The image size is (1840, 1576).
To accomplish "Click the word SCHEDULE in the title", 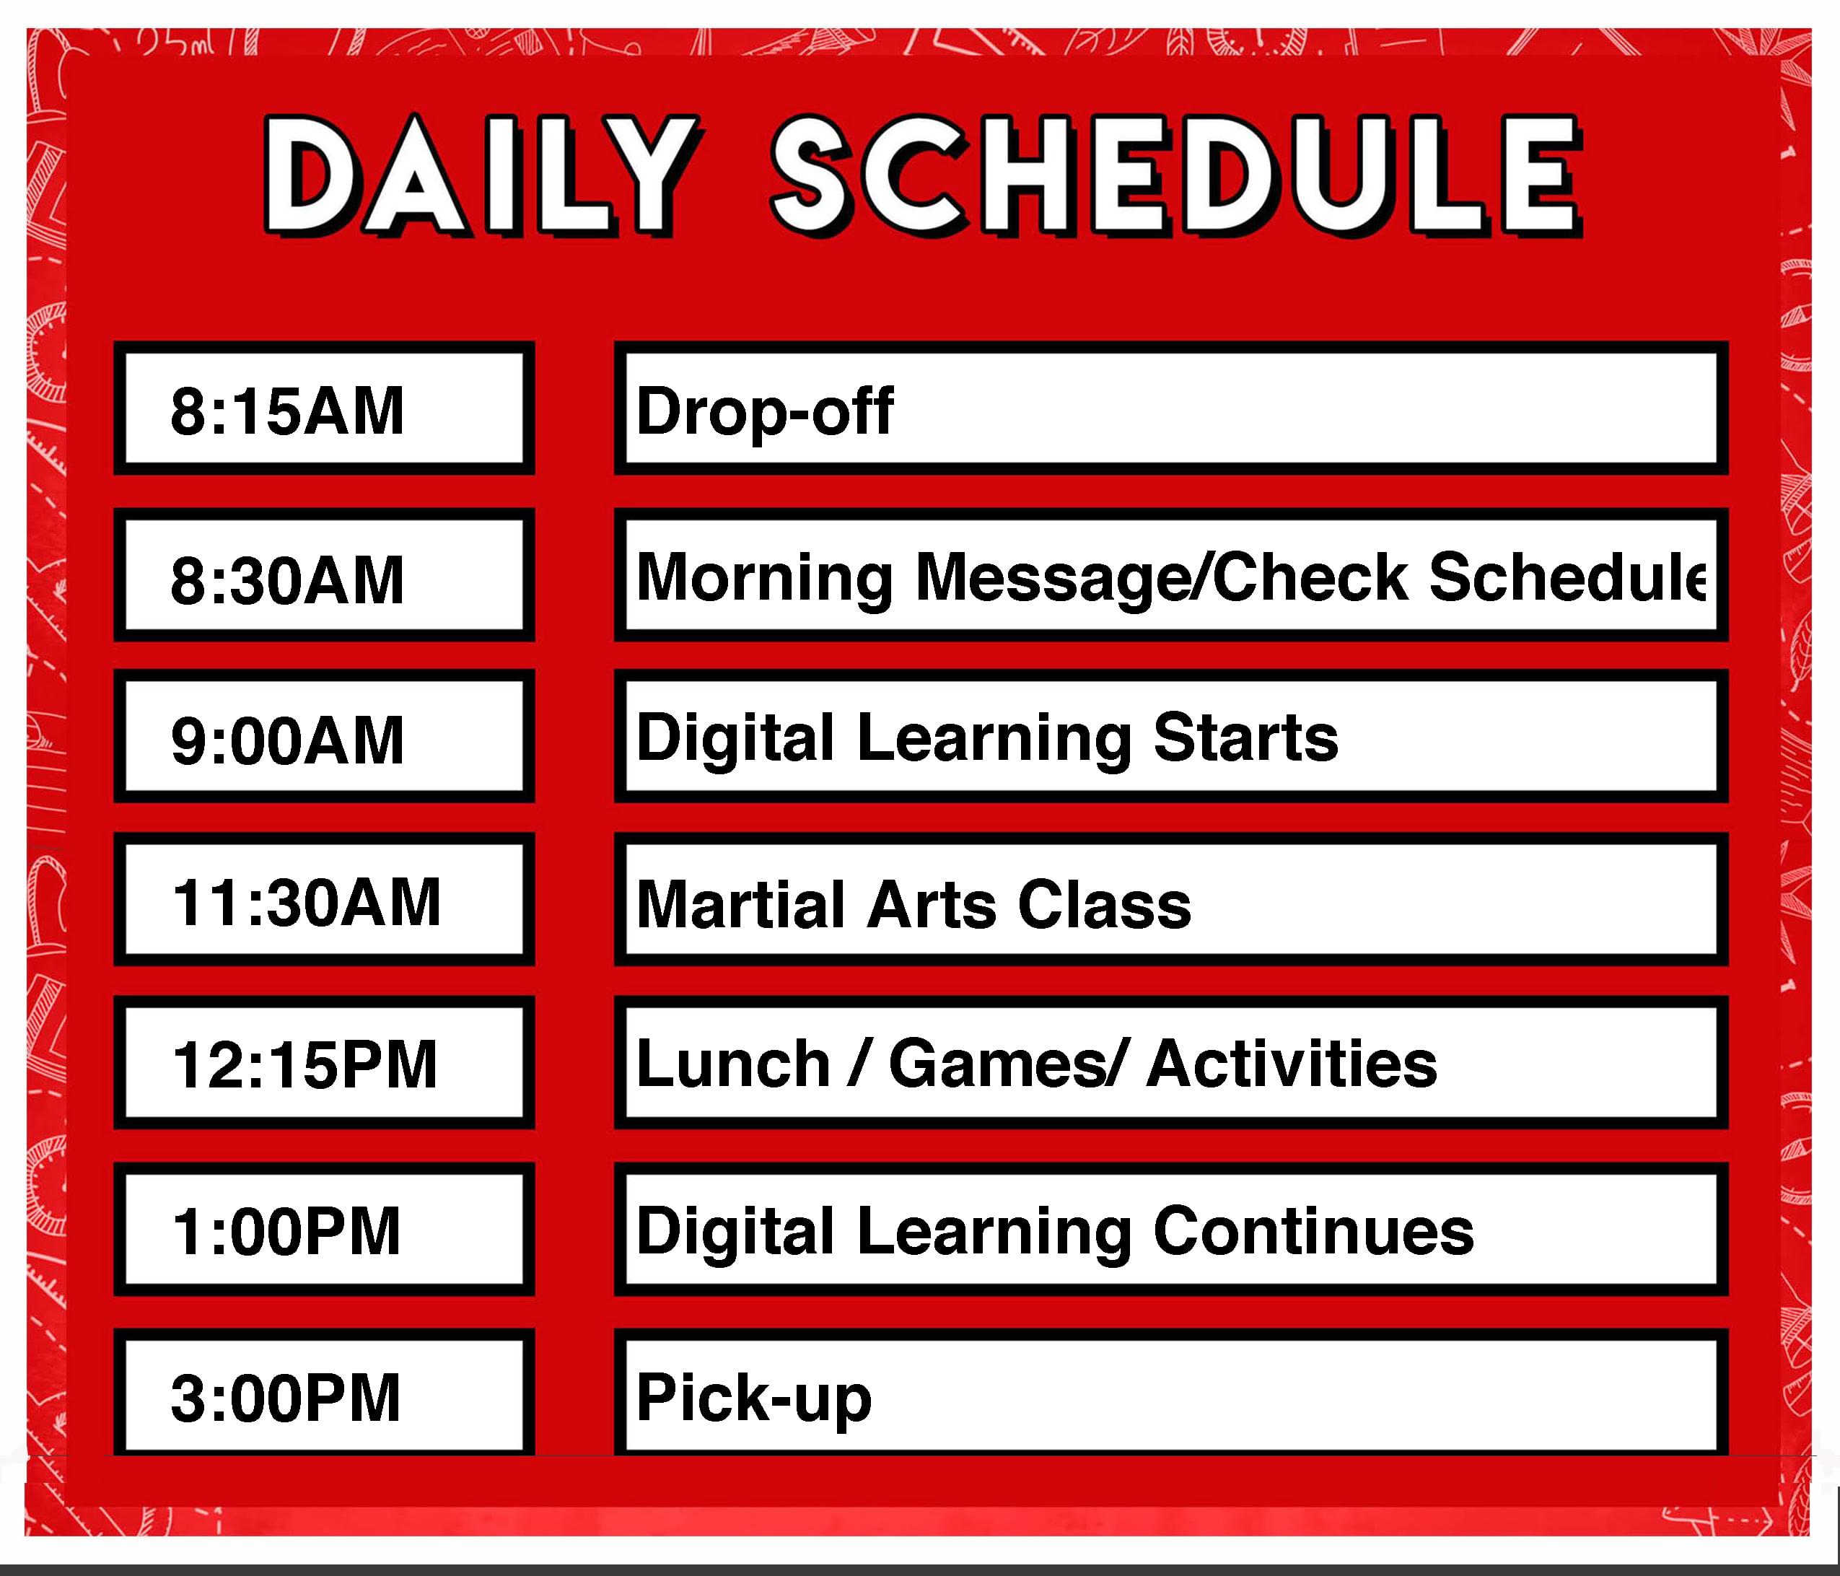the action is tap(1177, 177).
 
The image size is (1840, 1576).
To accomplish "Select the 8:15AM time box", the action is tap(324, 408).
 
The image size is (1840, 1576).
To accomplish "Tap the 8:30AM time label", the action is tap(287, 579).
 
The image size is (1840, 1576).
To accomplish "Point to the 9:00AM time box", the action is tap(324, 736).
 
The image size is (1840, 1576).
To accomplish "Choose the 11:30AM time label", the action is tap(305, 902).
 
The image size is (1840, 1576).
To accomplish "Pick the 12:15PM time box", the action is tap(324, 1063).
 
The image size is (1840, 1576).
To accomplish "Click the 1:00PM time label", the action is tap(286, 1232).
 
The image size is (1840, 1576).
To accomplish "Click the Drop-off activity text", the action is tap(765, 411).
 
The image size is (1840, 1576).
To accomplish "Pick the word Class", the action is tap(1105, 905).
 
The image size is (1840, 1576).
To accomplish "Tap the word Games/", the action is tap(1009, 1064).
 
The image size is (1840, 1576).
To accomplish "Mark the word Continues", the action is tap(1313, 1232).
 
